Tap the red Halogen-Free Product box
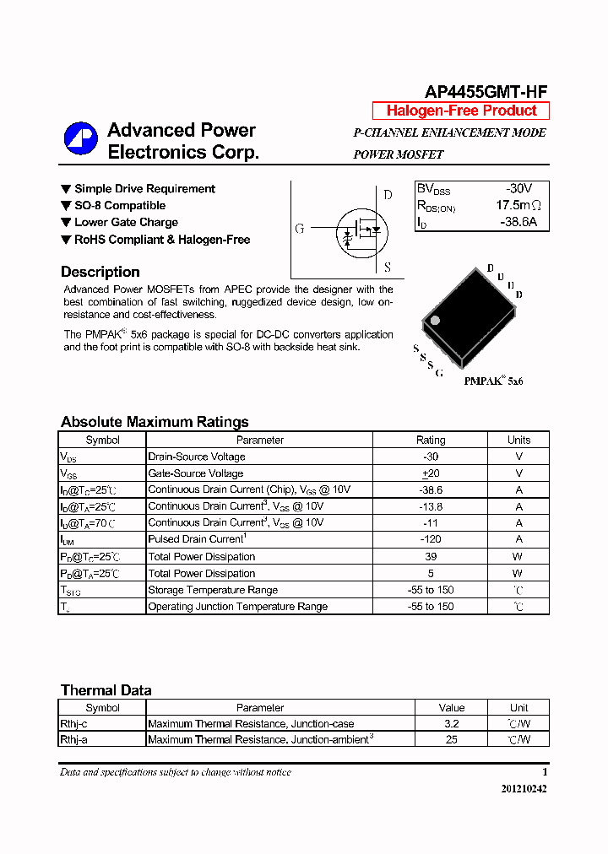tap(461, 111)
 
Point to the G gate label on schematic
tap(300, 229)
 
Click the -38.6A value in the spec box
tap(518, 223)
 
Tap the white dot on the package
tap(436, 321)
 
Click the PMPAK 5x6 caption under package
tap(493, 381)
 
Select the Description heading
tap(100, 272)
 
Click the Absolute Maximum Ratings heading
tap(155, 422)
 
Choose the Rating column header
tap(431, 440)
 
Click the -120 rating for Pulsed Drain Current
tap(431, 539)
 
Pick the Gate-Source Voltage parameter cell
tap(196, 473)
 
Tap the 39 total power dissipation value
tap(431, 556)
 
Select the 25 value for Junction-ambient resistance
tap(452, 739)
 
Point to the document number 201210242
tap(524, 788)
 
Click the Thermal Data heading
tap(106, 690)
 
